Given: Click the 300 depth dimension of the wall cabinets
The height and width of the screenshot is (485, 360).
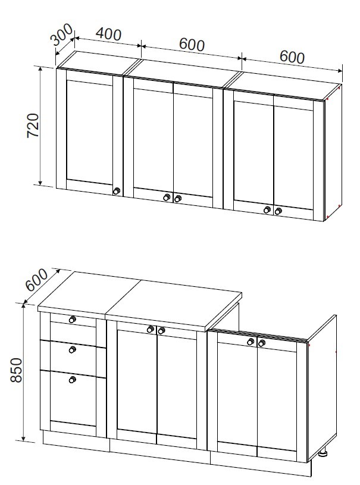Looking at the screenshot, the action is [61, 35].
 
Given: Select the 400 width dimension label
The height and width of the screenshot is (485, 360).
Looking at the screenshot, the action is [108, 34].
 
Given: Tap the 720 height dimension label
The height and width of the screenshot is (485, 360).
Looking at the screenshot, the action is [33, 126].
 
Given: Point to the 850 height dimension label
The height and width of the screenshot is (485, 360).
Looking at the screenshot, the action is [16, 370].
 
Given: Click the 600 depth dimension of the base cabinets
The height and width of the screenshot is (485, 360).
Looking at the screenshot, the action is [36, 280].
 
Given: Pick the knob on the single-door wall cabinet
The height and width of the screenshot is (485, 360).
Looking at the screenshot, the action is [116, 191].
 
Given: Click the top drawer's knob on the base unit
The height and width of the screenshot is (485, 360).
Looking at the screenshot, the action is [73, 319].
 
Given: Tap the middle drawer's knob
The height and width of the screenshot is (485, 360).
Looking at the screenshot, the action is [73, 349].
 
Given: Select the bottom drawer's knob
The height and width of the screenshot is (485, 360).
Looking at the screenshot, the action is [73, 379].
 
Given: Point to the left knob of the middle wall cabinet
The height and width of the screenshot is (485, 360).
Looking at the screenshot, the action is [167, 198].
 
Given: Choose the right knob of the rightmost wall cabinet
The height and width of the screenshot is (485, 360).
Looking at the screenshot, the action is [278, 211].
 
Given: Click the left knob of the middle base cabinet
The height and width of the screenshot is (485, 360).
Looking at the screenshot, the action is [151, 330].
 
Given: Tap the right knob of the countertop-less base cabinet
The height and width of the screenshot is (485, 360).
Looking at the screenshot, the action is [262, 343].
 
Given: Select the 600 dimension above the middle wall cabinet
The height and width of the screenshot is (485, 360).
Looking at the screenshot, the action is [192, 45].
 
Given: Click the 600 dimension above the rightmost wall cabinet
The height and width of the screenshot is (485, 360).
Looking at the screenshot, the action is [292, 57].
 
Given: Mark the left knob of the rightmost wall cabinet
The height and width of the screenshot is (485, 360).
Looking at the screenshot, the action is [267, 209].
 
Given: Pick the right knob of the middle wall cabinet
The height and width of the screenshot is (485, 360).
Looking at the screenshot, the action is [177, 199].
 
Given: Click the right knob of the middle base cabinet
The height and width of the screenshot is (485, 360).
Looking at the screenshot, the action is [161, 331].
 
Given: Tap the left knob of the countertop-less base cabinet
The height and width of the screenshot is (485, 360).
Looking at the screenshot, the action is [251, 342].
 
